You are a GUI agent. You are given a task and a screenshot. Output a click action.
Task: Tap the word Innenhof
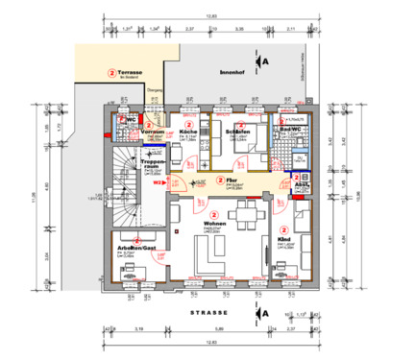pos(232,69)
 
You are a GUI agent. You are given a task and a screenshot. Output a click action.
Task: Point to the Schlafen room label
pos(237,131)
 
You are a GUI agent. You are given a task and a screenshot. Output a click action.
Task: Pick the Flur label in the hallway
pos(231,180)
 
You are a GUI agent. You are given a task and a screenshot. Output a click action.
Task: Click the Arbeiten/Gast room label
pos(136,246)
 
